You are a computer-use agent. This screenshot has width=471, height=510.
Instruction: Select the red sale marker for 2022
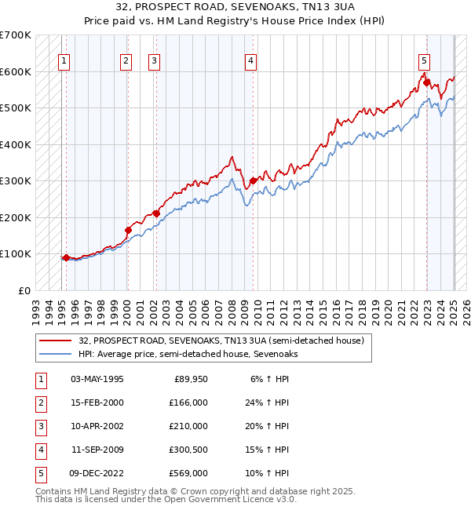coord(426,82)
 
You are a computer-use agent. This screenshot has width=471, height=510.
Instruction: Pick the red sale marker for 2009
coord(253,180)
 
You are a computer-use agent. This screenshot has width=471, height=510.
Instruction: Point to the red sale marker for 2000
coord(128,230)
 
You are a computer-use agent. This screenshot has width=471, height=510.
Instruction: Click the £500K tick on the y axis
coord(15,107)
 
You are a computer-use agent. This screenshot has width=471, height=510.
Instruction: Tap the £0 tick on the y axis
coord(24,290)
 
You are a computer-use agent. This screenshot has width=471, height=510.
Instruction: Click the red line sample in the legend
coord(56,341)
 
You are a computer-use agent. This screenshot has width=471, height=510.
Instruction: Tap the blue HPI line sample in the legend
coord(56,354)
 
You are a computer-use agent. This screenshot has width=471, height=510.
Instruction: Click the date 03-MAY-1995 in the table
coord(97,379)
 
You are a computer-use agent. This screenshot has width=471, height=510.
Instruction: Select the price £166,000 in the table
coord(188,403)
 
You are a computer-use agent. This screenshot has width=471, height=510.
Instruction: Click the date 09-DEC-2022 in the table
coord(97,473)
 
